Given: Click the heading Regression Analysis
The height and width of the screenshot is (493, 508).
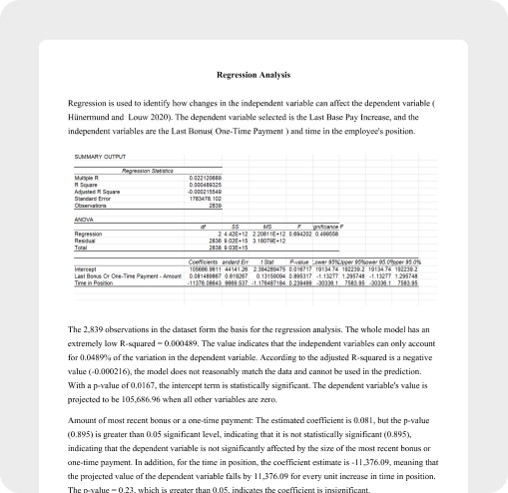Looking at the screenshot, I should [254, 74].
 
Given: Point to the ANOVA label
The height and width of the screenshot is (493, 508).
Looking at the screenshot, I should [84, 219].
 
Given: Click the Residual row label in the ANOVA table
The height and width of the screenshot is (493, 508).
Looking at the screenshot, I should [87, 239].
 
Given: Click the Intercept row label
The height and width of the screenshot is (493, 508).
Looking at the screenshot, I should [87, 267].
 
